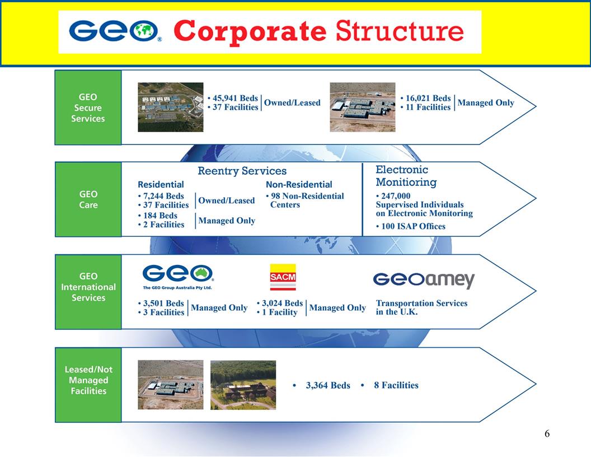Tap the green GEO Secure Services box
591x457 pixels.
(88, 108)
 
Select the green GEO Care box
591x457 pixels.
(88, 199)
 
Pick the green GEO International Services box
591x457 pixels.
(88, 287)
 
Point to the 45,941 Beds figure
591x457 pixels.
(234, 98)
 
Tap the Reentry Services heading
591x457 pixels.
(242, 171)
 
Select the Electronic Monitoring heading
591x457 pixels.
(406, 176)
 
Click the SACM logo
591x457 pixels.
(283, 277)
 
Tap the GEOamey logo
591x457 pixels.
(424, 279)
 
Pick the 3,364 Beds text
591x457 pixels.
(327, 385)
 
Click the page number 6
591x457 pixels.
(547, 433)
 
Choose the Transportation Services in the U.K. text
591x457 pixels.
(421, 307)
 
